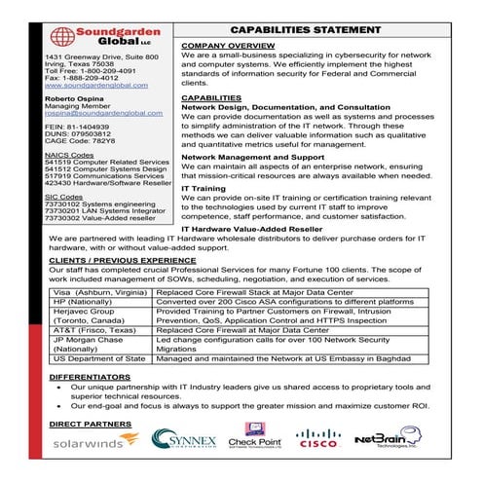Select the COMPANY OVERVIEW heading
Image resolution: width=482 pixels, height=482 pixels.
228,46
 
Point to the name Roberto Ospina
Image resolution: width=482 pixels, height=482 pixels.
76,99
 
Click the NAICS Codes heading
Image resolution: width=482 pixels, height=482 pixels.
69,154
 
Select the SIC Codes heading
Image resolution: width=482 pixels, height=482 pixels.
64,196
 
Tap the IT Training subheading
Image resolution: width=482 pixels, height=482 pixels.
204,187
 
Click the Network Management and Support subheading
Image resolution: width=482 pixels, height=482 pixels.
253,156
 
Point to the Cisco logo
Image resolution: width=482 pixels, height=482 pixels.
317,439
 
